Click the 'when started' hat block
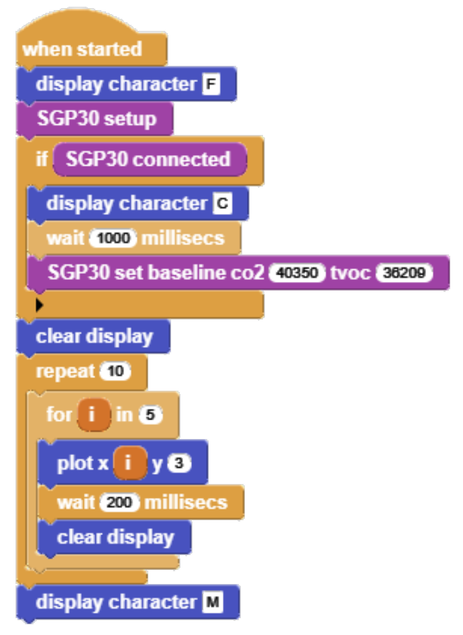(82, 50)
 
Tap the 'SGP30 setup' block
(96, 119)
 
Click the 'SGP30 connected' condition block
(148, 160)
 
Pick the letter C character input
(222, 203)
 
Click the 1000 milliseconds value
(113, 238)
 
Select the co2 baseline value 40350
(297, 273)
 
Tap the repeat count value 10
(115, 371)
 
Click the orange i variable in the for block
(93, 415)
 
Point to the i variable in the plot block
(130, 463)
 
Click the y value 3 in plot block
(178, 463)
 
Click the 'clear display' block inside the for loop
(115, 538)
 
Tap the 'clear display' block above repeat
(94, 336)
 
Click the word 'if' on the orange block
(41, 160)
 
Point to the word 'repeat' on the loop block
(65, 371)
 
